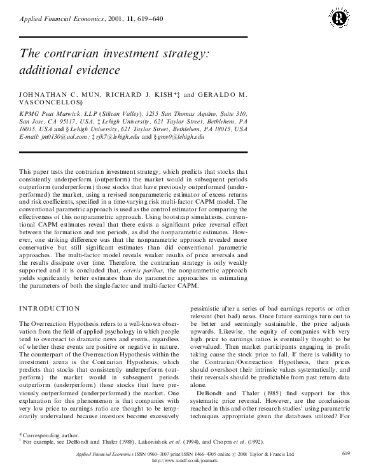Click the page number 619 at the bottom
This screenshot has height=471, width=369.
pos(345,453)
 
